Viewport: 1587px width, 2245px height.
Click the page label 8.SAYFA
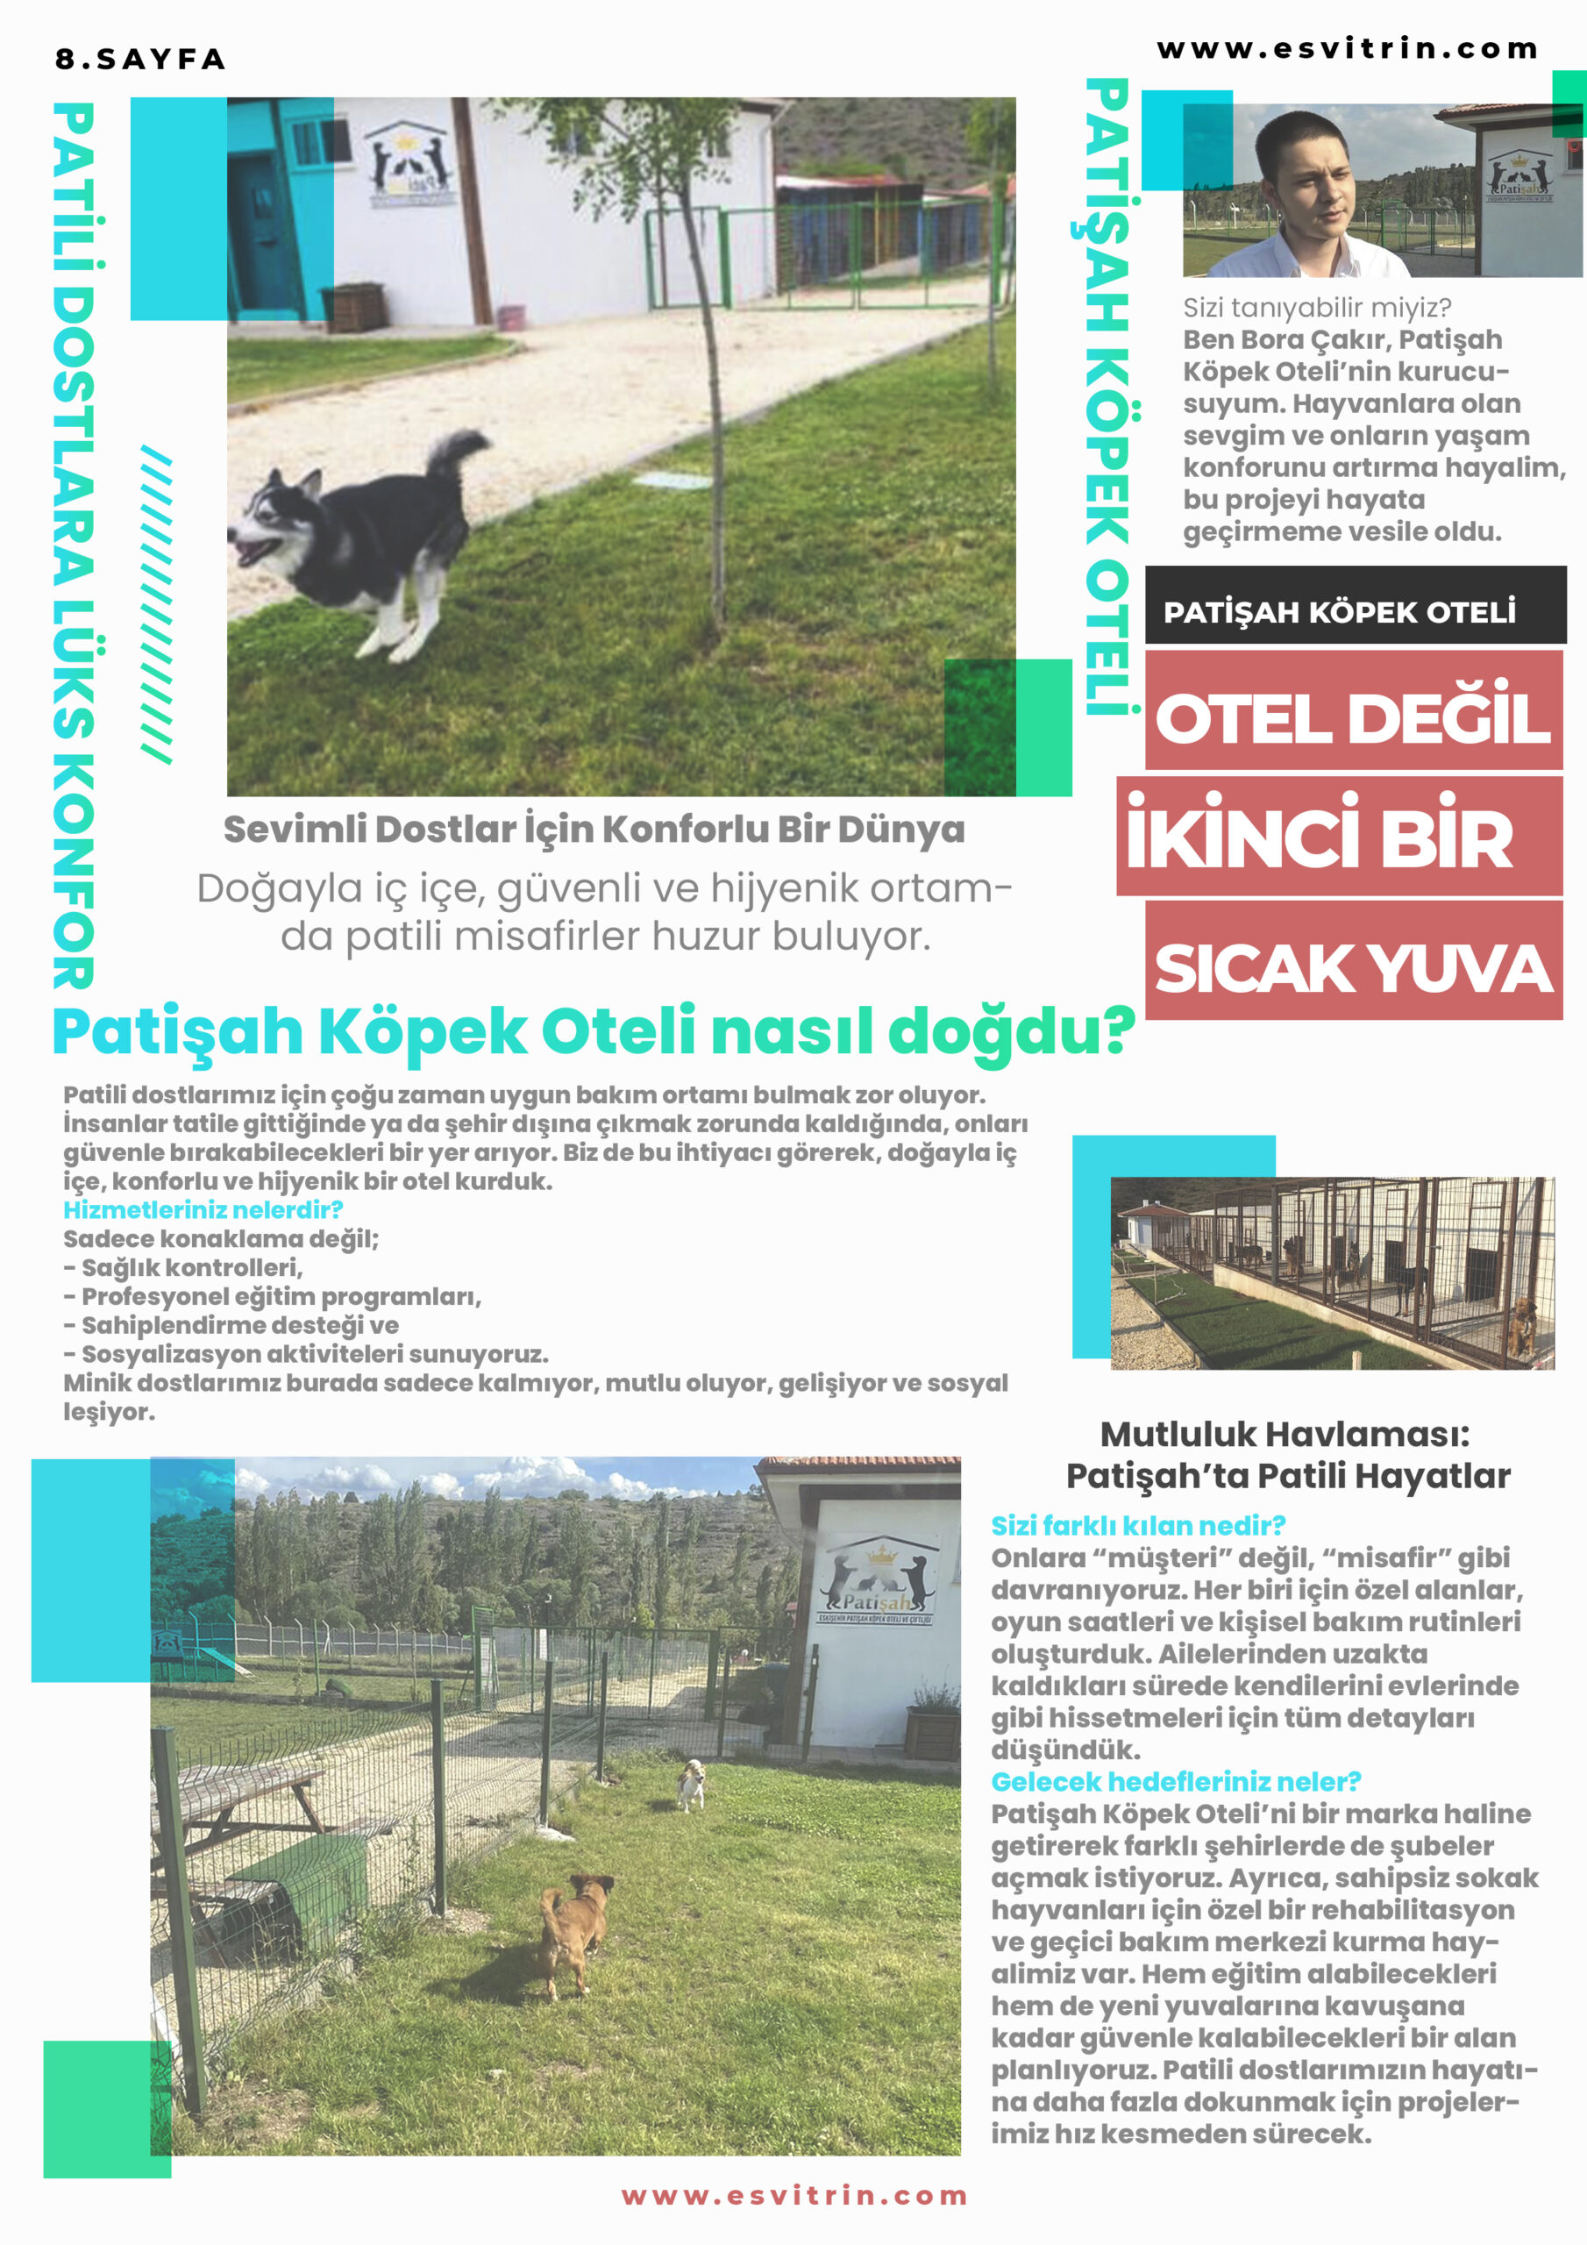(x=139, y=60)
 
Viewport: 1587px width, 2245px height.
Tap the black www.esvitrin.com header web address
(x=1347, y=49)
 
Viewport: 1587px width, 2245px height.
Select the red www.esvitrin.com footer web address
(x=793, y=2195)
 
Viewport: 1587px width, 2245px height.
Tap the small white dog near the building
(x=690, y=1785)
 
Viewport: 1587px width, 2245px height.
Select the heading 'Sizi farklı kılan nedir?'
(x=1137, y=1525)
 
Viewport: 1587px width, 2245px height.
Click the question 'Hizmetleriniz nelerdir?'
(x=203, y=1209)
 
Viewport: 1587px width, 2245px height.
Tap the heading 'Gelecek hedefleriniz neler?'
(x=1175, y=1781)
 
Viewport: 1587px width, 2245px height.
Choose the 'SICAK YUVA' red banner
(x=1352, y=968)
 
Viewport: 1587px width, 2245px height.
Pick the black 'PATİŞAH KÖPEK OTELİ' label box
(x=1355, y=612)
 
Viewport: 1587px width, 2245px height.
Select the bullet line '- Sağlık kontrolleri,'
(x=184, y=1267)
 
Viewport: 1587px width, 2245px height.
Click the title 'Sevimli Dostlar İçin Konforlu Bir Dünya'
(x=594, y=830)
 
